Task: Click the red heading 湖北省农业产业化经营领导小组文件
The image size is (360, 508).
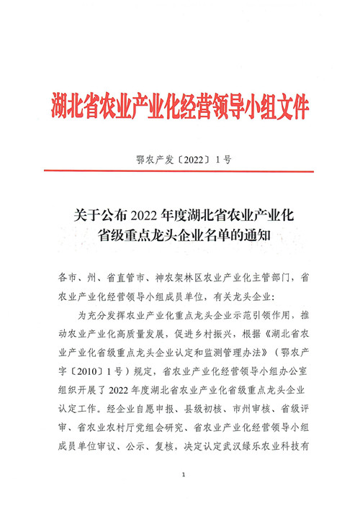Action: coord(180,106)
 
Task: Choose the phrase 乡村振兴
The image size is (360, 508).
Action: coord(222,333)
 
